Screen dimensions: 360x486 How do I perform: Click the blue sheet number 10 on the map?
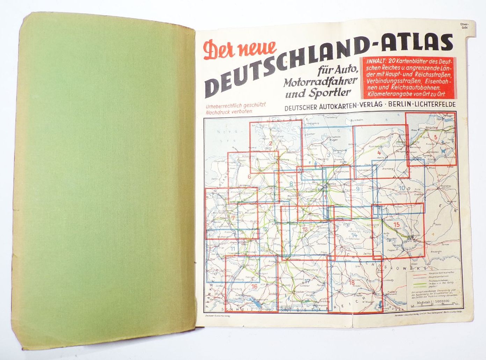[x=402, y=189]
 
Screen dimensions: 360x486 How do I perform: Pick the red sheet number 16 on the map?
[x=254, y=286]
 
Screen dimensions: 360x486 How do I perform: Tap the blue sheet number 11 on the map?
[x=233, y=249]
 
